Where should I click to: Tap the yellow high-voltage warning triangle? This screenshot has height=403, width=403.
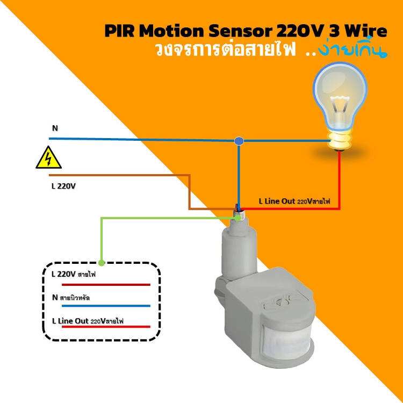point(48,159)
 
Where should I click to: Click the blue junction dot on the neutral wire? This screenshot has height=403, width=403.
point(239,141)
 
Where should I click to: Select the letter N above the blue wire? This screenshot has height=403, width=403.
point(55,128)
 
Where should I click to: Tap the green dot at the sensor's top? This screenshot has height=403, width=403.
point(238,218)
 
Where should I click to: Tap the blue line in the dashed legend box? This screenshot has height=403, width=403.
point(105,305)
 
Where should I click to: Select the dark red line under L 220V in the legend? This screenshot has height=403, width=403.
point(105,285)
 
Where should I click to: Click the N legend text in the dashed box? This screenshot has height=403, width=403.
point(73,297)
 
